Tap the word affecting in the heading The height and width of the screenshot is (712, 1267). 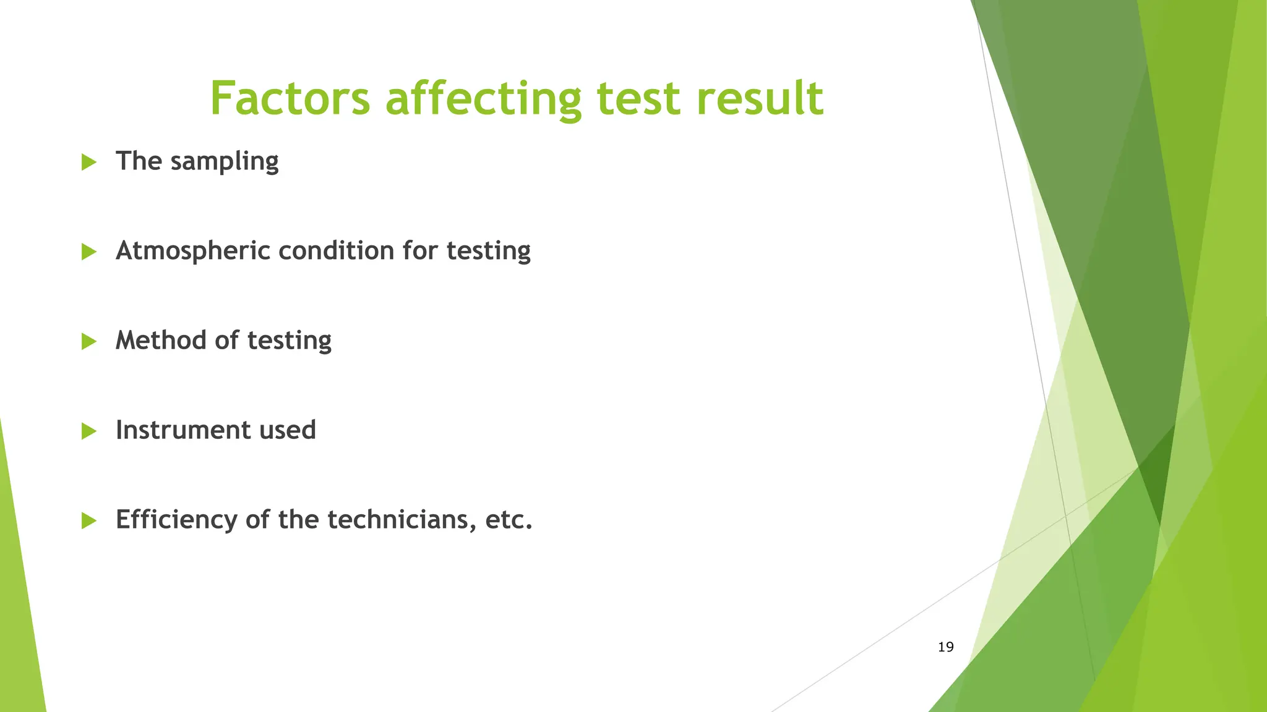484,98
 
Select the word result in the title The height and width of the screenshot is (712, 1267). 760,98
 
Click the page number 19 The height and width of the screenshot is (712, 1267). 945,647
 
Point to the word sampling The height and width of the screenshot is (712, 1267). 224,162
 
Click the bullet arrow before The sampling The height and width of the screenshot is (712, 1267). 89,163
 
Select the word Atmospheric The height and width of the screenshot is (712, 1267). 193,251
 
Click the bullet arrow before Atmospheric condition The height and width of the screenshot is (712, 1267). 89,252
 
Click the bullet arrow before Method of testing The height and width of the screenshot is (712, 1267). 89,342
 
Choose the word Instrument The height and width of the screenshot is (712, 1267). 183,430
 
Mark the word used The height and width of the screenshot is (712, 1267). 288,430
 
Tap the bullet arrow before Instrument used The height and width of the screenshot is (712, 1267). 89,431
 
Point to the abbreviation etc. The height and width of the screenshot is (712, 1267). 509,520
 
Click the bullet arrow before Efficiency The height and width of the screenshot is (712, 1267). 89,521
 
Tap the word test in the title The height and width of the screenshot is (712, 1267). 638,98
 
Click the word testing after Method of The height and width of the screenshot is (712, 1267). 289,341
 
